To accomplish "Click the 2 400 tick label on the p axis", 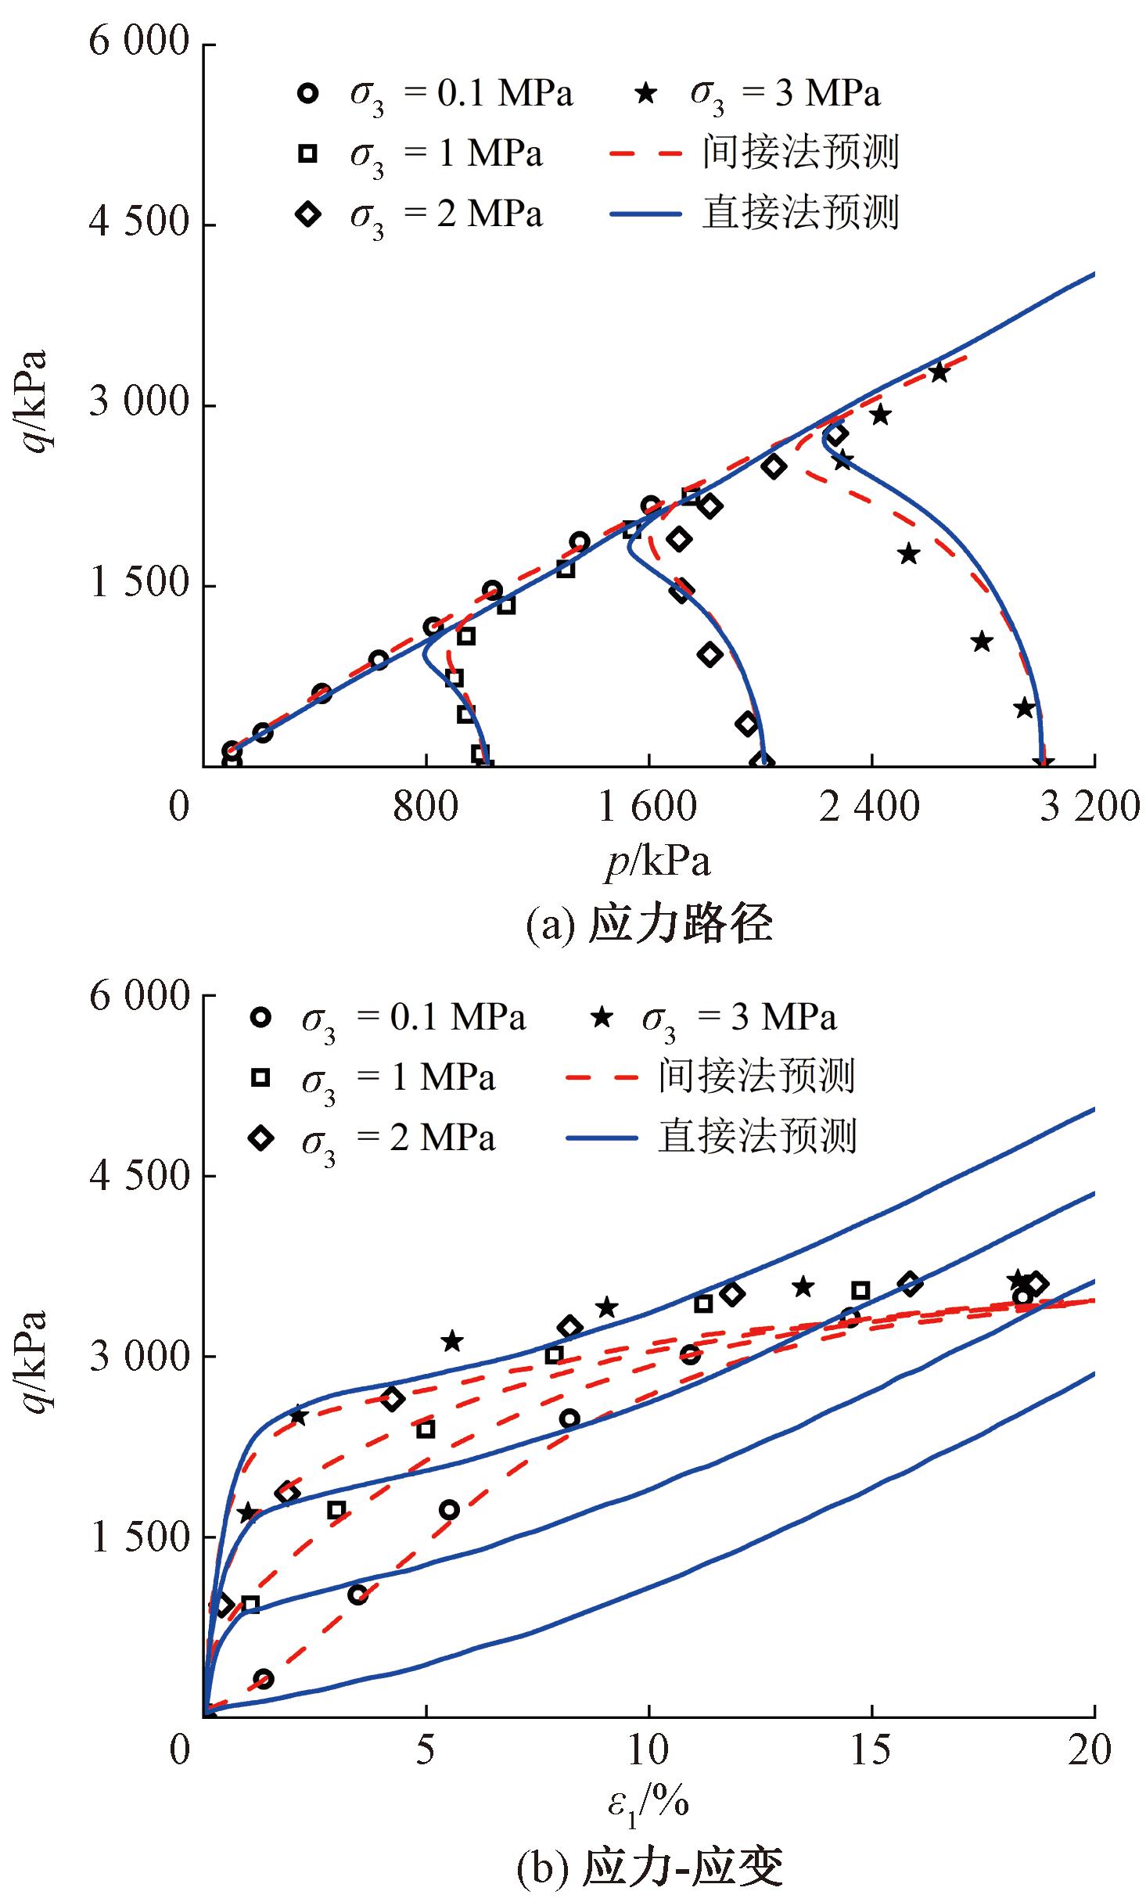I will point(869,807).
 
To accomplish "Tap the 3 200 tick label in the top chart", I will point(1090,807).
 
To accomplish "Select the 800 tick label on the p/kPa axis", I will point(426,807).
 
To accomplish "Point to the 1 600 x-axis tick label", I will point(647,807).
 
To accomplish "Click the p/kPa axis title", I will point(658,862).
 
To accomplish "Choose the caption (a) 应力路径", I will point(648,923).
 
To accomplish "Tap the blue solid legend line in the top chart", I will point(645,214).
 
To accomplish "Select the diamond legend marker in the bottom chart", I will point(260,1138).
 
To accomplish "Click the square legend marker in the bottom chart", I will point(260,1078).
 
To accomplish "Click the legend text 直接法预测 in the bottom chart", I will point(757,1137).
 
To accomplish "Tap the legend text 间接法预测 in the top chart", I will point(800,153).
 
